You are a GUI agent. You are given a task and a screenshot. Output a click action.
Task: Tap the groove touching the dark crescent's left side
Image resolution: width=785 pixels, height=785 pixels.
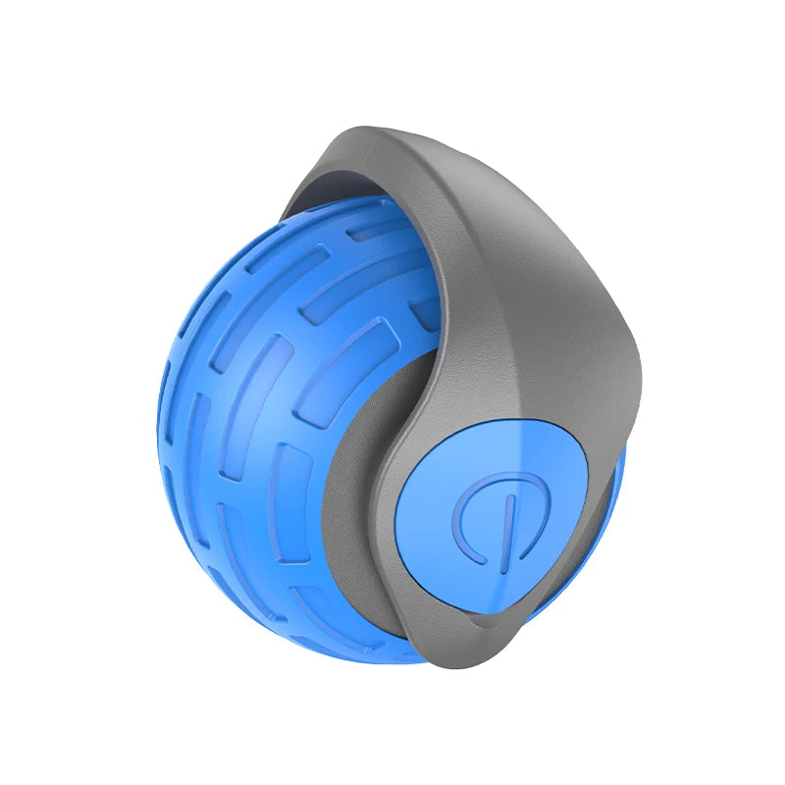(x=294, y=481)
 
